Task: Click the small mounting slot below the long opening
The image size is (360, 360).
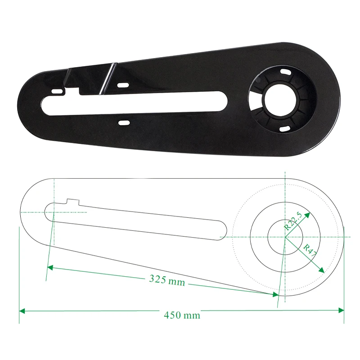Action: [x=124, y=122]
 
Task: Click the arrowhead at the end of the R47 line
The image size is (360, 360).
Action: [x=322, y=270]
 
